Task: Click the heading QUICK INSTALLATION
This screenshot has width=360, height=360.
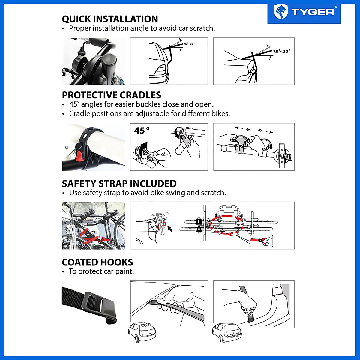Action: pos(110,19)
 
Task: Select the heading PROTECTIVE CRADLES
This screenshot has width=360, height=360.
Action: pos(111,95)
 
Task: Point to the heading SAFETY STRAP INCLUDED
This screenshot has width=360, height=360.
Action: pos(119,183)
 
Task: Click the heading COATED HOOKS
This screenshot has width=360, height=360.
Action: pos(97,262)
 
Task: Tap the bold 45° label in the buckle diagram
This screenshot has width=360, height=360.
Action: pos(142,131)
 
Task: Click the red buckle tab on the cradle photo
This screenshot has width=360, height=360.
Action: pos(79,156)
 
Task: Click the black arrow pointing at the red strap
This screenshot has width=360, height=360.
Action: pos(170,229)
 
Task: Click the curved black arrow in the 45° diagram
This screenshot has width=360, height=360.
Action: pos(144,147)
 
